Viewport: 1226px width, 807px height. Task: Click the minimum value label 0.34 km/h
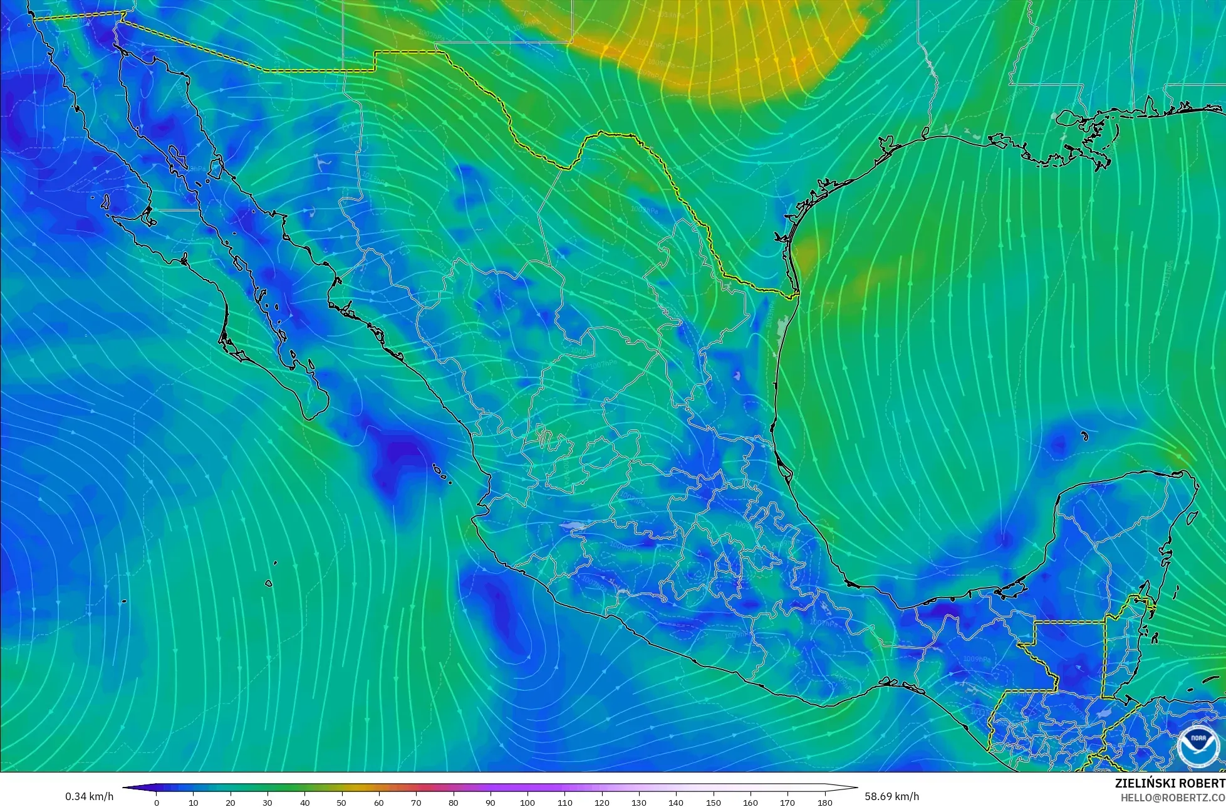coord(89,796)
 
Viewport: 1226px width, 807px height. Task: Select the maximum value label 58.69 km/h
coord(892,796)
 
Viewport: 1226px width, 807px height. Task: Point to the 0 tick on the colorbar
coord(157,803)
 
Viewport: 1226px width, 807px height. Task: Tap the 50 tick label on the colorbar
coord(342,803)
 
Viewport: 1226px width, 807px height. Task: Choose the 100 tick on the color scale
coord(527,803)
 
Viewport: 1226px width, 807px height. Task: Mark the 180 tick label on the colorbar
coord(824,803)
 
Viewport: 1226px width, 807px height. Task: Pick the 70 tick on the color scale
coord(417,803)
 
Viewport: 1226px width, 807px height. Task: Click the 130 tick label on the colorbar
coord(639,803)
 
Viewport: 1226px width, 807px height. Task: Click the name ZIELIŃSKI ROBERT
coord(1170,783)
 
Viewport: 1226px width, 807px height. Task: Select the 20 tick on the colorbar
coord(231,803)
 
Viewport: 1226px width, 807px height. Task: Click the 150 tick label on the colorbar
coord(713,803)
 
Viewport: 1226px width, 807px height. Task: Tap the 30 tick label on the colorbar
coord(268,803)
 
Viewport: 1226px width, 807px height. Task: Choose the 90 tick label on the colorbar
coord(491,803)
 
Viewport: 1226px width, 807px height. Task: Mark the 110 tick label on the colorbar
coord(565,803)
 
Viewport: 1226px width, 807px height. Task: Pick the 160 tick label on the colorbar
coord(751,803)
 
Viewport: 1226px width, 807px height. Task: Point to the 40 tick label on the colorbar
coord(305,803)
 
